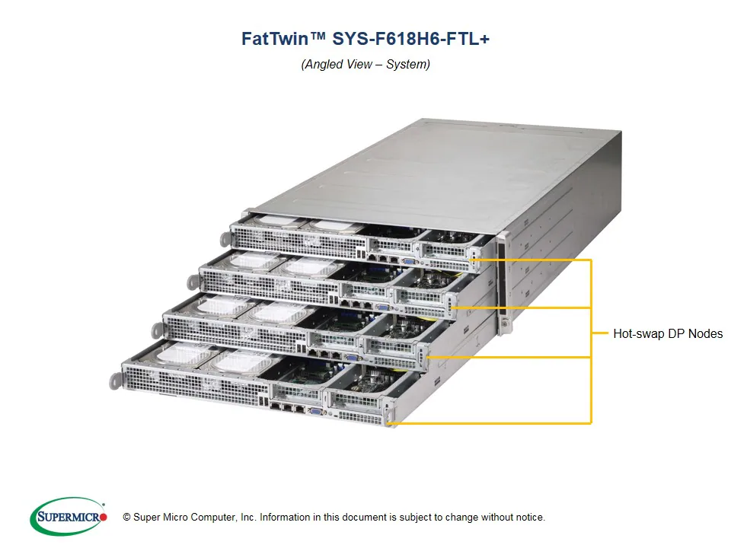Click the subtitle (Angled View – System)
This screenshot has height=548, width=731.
365,64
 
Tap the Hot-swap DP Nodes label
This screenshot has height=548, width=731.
668,333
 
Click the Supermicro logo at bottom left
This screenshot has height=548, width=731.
68,517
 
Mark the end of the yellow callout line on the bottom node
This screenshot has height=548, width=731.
389,423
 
